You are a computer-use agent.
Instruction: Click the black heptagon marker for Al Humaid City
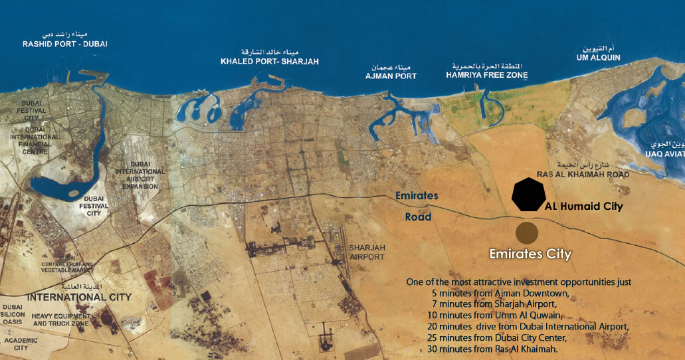click(530, 195)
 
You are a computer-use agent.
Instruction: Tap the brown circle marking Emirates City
click(527, 232)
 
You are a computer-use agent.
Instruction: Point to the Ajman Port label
click(391, 76)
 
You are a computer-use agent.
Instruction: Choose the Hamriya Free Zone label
click(487, 76)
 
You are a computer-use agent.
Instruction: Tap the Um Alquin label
click(598, 58)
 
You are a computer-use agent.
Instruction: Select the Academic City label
click(16, 343)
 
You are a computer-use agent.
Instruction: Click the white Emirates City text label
click(530, 254)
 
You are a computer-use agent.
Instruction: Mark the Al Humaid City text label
click(584, 207)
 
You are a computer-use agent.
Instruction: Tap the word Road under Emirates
click(418, 217)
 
